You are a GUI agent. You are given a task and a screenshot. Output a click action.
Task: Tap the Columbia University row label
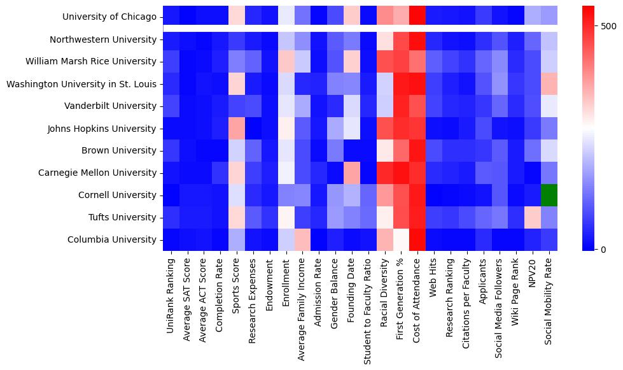113,239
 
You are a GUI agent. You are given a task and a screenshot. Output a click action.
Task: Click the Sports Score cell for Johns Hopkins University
237,129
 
